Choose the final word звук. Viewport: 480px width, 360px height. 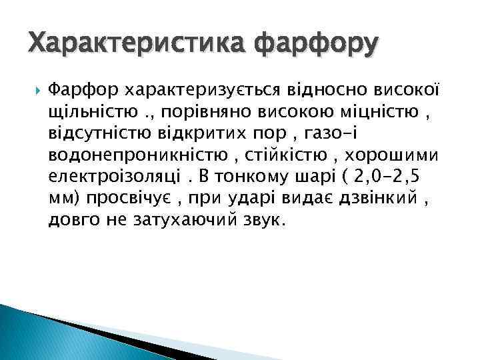[263, 220]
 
